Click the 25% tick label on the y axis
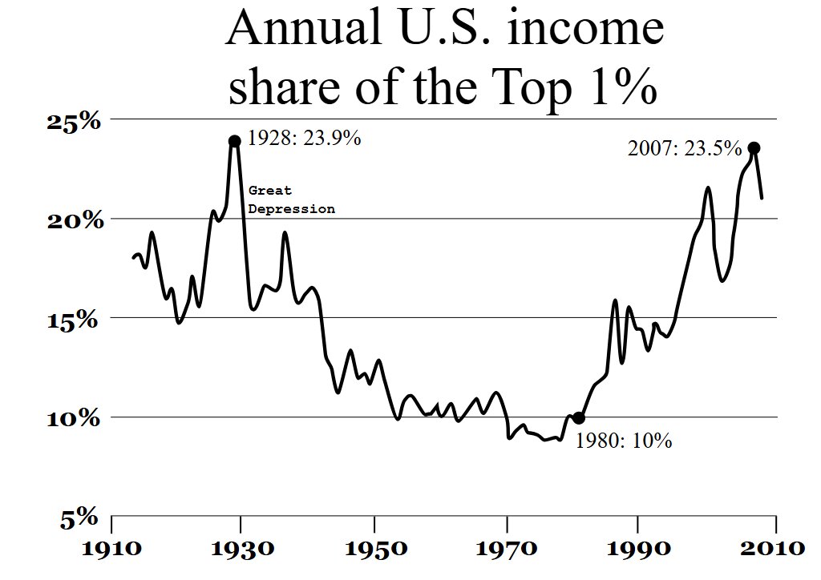[x=72, y=122]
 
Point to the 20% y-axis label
[x=72, y=220]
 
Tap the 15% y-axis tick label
[x=72, y=320]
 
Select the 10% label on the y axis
[x=72, y=419]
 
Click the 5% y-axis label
[x=79, y=519]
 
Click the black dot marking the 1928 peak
[x=235, y=141]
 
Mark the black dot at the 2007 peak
[x=754, y=148]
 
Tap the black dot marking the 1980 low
[x=579, y=418]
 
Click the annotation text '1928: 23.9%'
[x=304, y=139]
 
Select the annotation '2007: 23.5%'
[x=684, y=148]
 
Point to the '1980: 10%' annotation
[x=624, y=441]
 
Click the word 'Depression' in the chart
[x=292, y=209]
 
